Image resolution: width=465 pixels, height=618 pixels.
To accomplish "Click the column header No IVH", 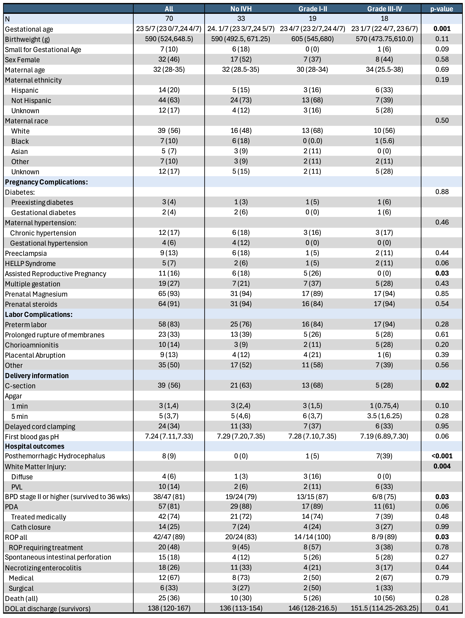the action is click(x=241, y=9).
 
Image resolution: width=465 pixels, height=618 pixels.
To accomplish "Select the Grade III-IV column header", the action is click(x=385, y=9).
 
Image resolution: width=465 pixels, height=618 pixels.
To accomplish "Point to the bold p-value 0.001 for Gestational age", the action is click(x=442, y=29).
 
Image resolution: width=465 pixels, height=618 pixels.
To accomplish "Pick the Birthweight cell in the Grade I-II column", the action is click(x=312, y=39).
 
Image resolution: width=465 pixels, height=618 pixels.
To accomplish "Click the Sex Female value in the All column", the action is click(x=169, y=59).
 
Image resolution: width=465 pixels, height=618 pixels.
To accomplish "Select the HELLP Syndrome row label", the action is click(x=30, y=263).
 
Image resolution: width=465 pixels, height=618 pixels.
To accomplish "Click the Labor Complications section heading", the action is click(x=39, y=315).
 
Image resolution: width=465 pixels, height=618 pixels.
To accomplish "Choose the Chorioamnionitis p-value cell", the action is click(x=442, y=345).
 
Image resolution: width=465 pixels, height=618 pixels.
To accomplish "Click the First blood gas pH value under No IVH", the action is click(x=241, y=436).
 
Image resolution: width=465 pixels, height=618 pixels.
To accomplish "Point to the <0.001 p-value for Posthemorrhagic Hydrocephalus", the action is click(x=442, y=456).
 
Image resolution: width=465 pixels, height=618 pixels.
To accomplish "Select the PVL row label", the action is click(x=17, y=487).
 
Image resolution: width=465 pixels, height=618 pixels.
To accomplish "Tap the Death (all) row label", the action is click(x=21, y=598).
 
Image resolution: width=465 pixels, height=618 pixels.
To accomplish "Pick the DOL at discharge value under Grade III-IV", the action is click(x=385, y=608).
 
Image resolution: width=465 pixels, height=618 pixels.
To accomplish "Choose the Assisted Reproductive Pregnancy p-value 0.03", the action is click(x=442, y=273).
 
